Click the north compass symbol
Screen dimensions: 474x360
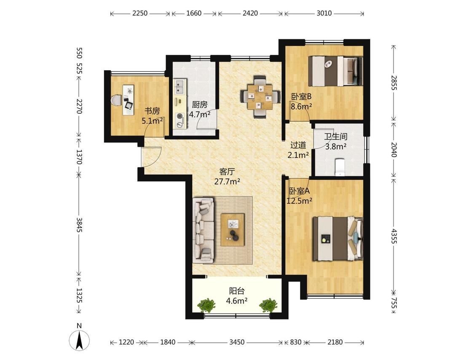79,340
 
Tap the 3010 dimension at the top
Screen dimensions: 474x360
324,13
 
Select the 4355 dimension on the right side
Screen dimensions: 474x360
394,236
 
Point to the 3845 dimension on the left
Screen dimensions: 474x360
79,225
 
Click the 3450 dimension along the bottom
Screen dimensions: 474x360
237,342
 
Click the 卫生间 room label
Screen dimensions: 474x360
335,136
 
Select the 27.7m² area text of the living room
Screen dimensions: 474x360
227,181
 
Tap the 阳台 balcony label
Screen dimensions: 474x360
237,291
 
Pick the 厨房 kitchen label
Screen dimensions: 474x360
200,105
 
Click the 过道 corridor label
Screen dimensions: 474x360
298,145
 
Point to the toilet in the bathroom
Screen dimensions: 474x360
340,167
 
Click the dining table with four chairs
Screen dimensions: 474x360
260,97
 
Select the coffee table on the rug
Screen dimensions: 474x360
233,229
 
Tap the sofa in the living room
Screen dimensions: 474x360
203,230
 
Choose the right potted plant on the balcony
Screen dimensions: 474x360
268,305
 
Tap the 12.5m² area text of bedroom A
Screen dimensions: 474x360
299,200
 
